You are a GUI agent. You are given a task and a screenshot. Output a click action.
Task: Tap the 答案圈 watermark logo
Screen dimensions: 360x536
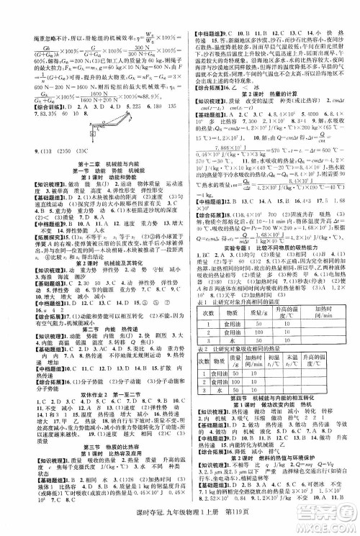pyautogui.click(x=328, y=513)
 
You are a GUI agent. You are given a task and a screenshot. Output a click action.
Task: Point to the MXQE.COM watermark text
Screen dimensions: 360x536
pyautogui.click(x=328, y=529)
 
